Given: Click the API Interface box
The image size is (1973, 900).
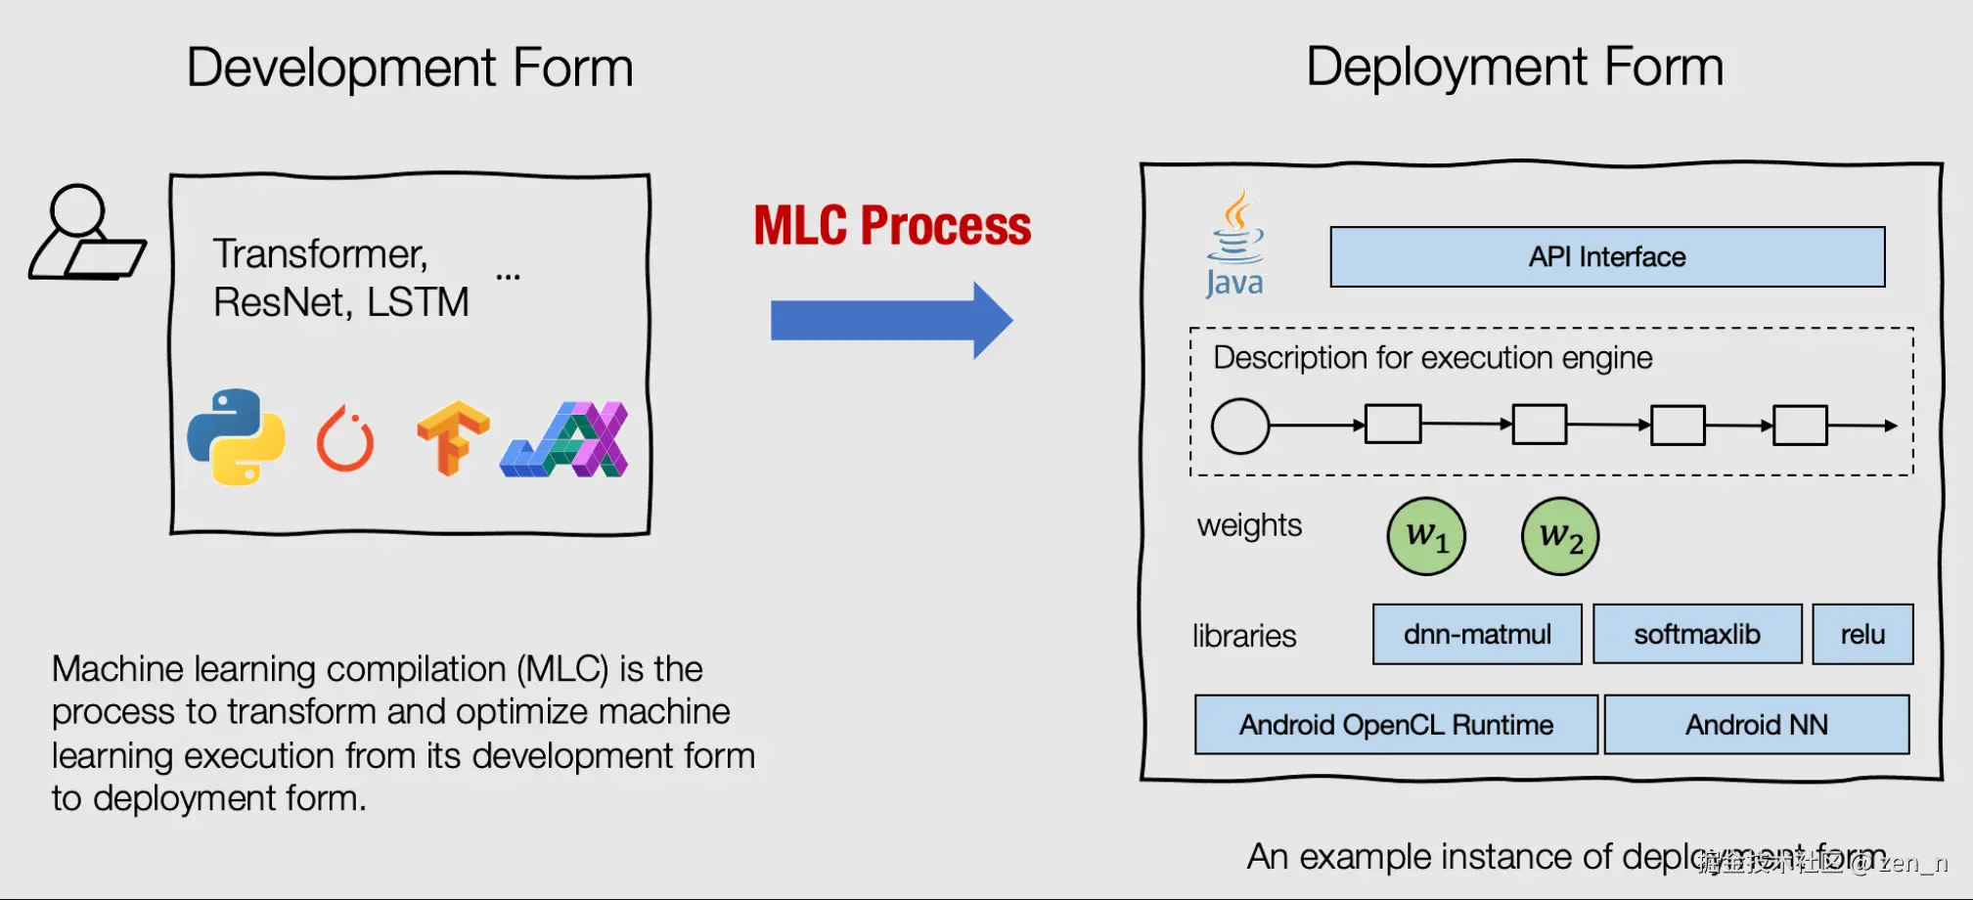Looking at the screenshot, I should point(1607,257).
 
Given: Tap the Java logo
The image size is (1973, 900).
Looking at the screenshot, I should point(1234,244).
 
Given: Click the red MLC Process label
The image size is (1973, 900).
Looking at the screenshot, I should point(892,226).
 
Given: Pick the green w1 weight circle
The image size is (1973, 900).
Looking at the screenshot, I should point(1426,536).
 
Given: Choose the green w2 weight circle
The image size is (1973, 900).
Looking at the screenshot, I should point(1560,536).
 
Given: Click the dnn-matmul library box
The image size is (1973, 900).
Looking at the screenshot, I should point(1477,635).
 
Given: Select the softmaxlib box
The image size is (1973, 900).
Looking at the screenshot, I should point(1697,635).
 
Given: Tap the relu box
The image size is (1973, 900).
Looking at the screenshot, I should point(1862,635).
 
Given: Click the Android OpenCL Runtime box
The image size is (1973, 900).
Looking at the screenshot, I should point(1396,725).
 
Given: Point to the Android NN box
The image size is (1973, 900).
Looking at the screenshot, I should point(1757,725).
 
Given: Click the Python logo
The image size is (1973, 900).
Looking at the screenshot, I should point(236,437).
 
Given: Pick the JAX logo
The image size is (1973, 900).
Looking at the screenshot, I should point(564,439).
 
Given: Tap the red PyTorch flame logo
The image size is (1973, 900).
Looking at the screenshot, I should point(345,439).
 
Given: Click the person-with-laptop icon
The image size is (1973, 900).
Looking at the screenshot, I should point(86,234).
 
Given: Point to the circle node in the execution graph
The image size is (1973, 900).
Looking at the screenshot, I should point(1240,426).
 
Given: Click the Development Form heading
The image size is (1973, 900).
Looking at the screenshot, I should point(410,67).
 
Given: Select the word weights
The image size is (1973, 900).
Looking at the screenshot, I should point(1249,525).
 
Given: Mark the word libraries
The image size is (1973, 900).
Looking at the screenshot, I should point(1244,636).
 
